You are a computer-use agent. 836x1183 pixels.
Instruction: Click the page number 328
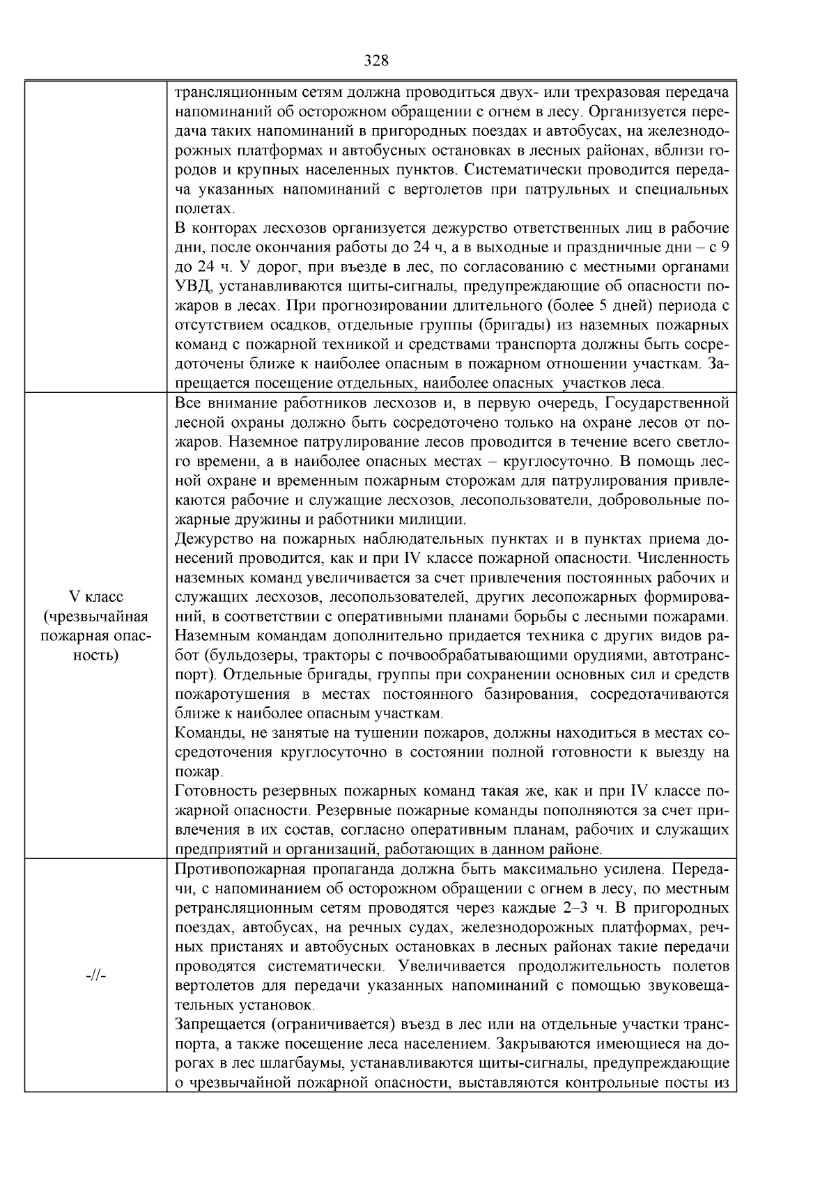pyautogui.click(x=376, y=61)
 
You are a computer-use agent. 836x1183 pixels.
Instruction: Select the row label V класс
pyautogui.click(x=96, y=597)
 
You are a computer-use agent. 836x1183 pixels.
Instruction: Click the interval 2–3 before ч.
pyautogui.click(x=575, y=908)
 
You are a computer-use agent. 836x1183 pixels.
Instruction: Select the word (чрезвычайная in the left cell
pyautogui.click(x=95, y=617)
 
